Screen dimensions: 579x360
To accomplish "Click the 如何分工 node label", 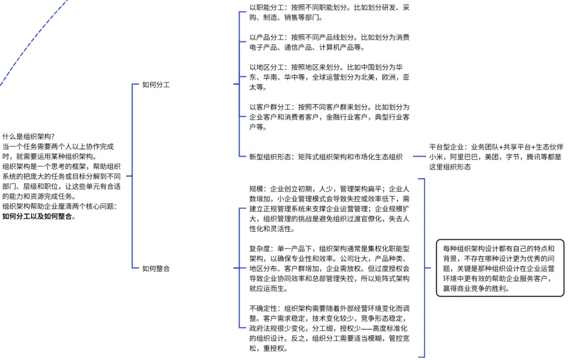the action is point(155,85).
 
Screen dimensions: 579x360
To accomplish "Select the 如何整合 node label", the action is point(155,268).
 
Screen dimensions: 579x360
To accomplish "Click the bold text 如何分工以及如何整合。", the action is point(39,217).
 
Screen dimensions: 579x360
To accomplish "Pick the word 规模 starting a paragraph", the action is point(256,189).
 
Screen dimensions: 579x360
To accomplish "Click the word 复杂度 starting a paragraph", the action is point(260,249).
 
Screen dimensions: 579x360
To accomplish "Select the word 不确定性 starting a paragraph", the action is point(263,308).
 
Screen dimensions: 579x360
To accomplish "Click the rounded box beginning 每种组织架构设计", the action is point(500,268).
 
